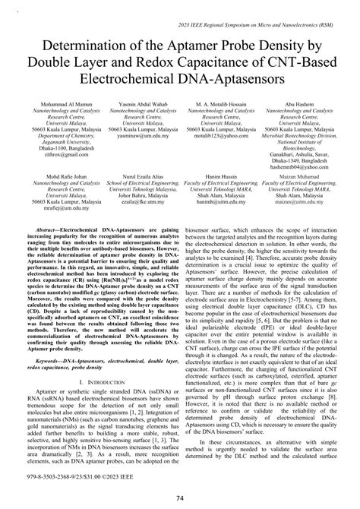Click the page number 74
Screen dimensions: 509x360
pos(179,498)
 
